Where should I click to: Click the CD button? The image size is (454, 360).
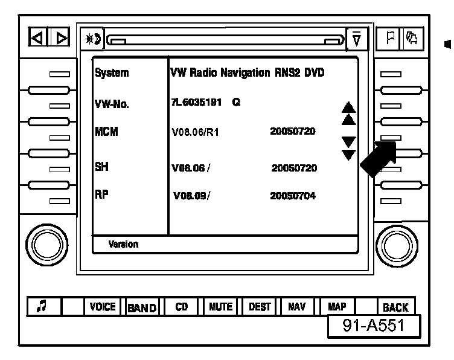pyautogui.click(x=181, y=307)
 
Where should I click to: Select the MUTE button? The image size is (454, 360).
pyautogui.click(x=220, y=307)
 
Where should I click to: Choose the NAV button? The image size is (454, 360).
pyautogui.click(x=296, y=307)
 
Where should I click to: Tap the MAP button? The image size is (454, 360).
pyautogui.click(x=336, y=307)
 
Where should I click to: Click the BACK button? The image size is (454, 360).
pyautogui.click(x=395, y=307)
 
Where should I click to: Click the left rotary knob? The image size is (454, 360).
pyautogui.click(x=43, y=242)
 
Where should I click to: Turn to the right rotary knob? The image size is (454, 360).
pyautogui.click(x=397, y=242)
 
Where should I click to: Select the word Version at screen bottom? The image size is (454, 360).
pyautogui.click(x=123, y=245)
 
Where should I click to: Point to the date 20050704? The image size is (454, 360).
pyautogui.click(x=293, y=196)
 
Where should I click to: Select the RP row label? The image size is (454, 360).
pyautogui.click(x=101, y=194)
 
